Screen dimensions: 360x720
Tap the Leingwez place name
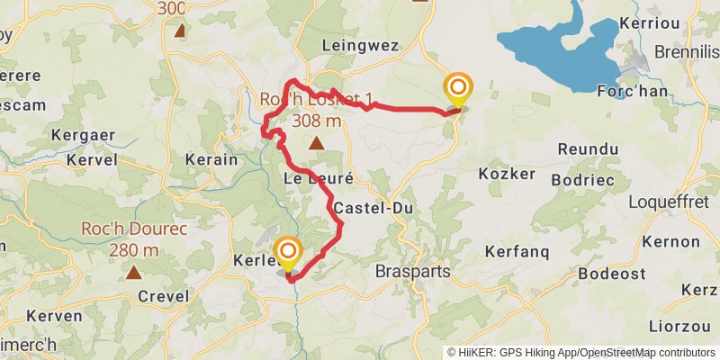point(359,43)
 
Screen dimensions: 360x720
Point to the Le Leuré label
point(318,178)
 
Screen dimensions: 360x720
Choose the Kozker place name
point(507,173)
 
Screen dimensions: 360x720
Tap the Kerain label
point(211,159)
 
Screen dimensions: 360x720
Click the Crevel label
point(164,296)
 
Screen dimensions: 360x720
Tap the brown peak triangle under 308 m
point(316,142)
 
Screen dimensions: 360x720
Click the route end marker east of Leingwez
point(458,88)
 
